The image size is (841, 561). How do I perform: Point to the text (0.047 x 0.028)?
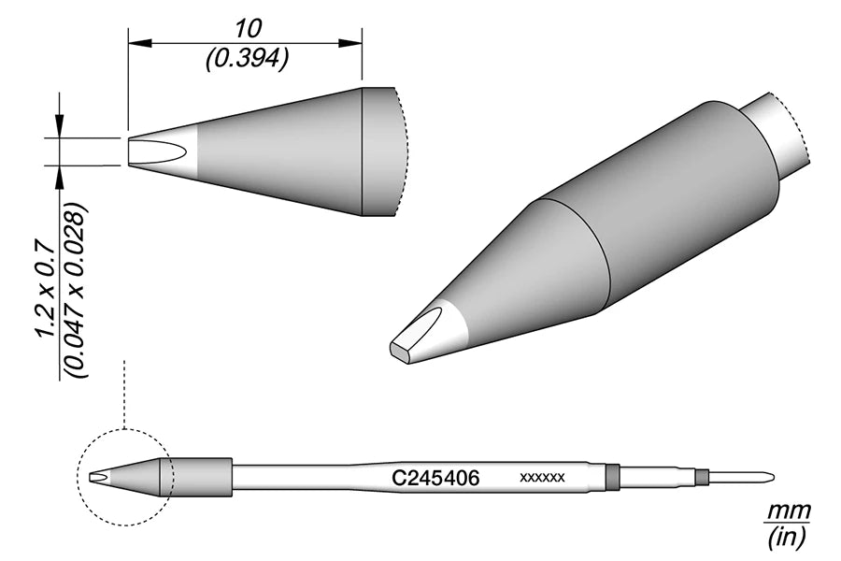[x=75, y=289]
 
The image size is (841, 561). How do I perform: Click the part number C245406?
[x=435, y=477]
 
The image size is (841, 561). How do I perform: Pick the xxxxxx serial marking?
[x=542, y=477]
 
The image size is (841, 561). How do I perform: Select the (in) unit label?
[x=786, y=537]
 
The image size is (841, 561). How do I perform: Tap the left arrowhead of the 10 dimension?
[x=139, y=43]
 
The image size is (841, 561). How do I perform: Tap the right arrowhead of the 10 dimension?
[x=350, y=43]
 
